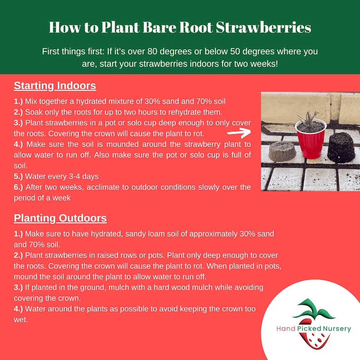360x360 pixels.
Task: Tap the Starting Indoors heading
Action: (55, 86)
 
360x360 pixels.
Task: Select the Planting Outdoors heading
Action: (60, 218)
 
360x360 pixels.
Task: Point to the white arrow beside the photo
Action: (239, 133)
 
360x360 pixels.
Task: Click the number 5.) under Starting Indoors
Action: (19, 176)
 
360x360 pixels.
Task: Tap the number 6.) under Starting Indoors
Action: (19, 187)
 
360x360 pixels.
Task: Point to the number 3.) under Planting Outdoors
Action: (19, 287)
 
